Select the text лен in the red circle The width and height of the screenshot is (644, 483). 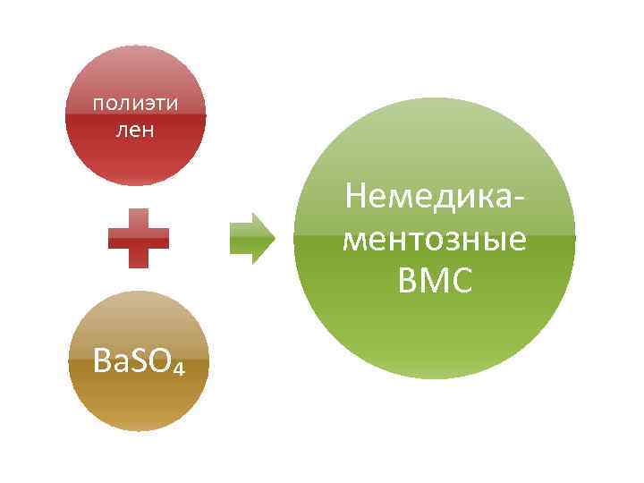pos(136,131)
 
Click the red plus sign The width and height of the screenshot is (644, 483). pos(139,237)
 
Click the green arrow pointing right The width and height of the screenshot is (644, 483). pos(251,237)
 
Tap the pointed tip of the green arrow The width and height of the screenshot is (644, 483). pos(274,237)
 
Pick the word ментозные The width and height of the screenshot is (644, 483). pos(435,241)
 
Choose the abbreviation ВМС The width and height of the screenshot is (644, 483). pos(435,282)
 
